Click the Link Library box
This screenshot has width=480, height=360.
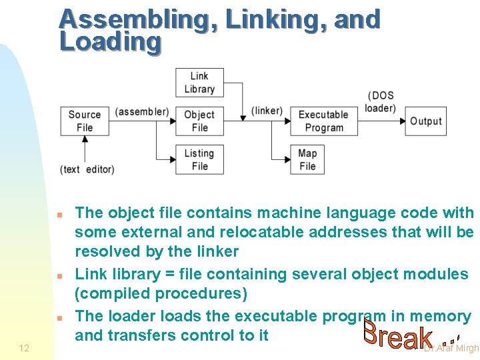pyautogui.click(x=199, y=83)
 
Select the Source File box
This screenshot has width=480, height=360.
pyautogui.click(x=85, y=121)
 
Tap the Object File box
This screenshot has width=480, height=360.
pyautogui.click(x=199, y=121)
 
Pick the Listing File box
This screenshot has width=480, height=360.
pyautogui.click(x=199, y=159)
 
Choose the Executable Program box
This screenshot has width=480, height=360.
pyautogui.click(x=323, y=121)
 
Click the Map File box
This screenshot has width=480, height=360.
pyautogui.click(x=307, y=159)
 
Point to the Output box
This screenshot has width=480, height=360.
pyautogui.click(x=425, y=121)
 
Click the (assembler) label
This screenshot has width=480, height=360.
pyautogui.click(x=142, y=111)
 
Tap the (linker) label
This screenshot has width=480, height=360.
pyautogui.click(x=267, y=111)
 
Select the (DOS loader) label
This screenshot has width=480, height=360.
pyautogui.click(x=381, y=102)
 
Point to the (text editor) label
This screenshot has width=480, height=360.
pyautogui.click(x=87, y=169)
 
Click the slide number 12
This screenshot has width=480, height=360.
pyautogui.click(x=24, y=348)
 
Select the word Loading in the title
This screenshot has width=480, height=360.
pyautogui.click(x=110, y=41)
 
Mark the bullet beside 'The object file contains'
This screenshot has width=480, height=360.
pyautogui.click(x=59, y=215)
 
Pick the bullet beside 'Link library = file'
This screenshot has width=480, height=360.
pyautogui.click(x=59, y=275)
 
